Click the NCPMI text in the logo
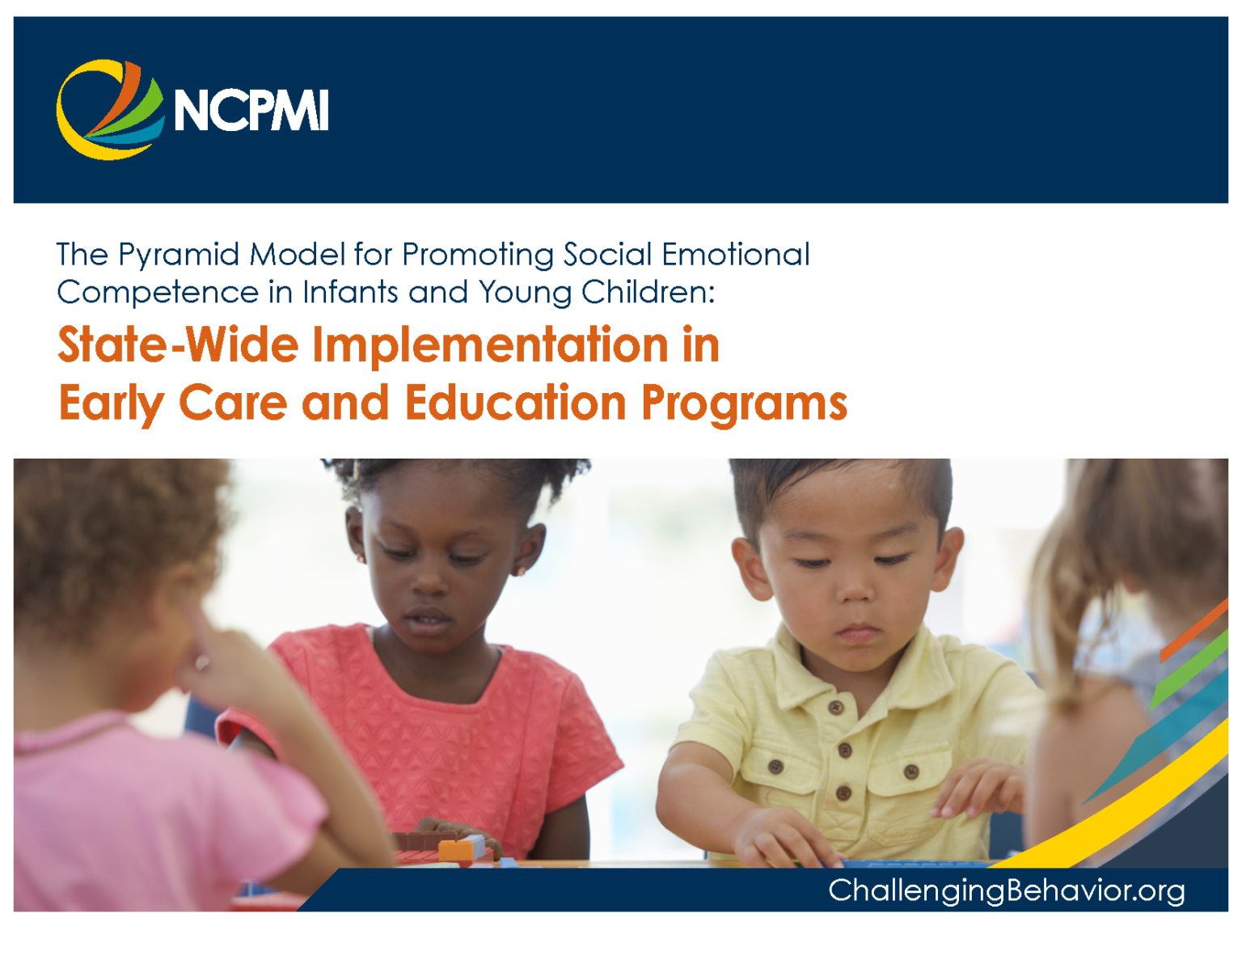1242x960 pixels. click(x=251, y=110)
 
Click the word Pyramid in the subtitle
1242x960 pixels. click(x=179, y=256)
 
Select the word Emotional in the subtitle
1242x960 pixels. click(x=736, y=254)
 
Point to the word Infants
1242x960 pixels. click(x=350, y=292)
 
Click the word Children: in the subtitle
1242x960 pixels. click(x=648, y=292)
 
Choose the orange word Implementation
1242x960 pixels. click(x=490, y=347)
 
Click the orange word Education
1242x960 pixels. click(x=516, y=403)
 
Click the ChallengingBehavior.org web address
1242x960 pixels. click(x=1006, y=891)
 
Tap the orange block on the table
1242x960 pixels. click(x=454, y=850)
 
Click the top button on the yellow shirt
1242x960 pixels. click(x=836, y=708)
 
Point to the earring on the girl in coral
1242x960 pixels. click(x=361, y=558)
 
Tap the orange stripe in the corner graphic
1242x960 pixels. click(x=1194, y=630)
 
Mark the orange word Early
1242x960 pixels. click(x=112, y=404)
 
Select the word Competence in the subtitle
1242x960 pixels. click(x=158, y=293)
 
